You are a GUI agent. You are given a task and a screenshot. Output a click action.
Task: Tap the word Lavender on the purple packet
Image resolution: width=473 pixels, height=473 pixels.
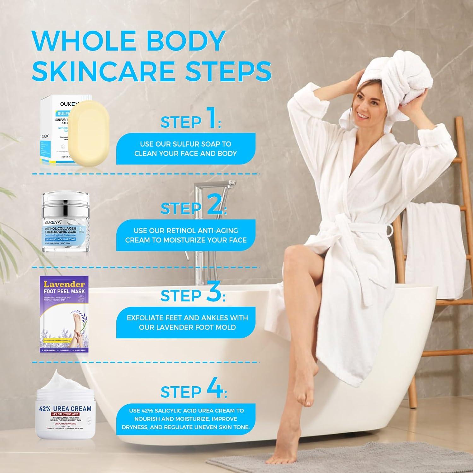[x=64, y=284]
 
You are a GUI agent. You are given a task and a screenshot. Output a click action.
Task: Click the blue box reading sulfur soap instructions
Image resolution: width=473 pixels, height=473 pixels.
[x=186, y=149]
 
